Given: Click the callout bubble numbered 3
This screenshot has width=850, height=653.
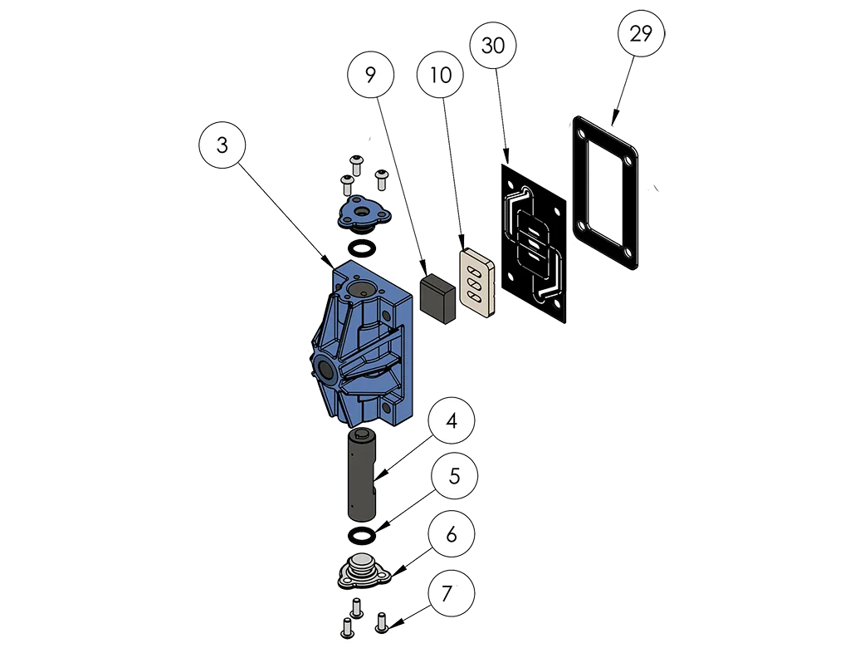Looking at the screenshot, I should click(222, 145).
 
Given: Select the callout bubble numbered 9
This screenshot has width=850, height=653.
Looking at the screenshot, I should click(370, 75).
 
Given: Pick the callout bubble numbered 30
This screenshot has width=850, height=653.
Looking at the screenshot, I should click(493, 47).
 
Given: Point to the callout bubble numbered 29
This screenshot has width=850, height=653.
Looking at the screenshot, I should click(641, 34).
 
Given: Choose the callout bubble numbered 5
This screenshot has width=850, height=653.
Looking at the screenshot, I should click(453, 477).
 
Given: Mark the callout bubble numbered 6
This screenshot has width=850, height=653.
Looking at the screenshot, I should click(451, 534).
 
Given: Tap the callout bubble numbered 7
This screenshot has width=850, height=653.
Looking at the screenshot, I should click(448, 594).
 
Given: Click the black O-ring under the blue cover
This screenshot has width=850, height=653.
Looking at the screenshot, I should click(359, 249).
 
